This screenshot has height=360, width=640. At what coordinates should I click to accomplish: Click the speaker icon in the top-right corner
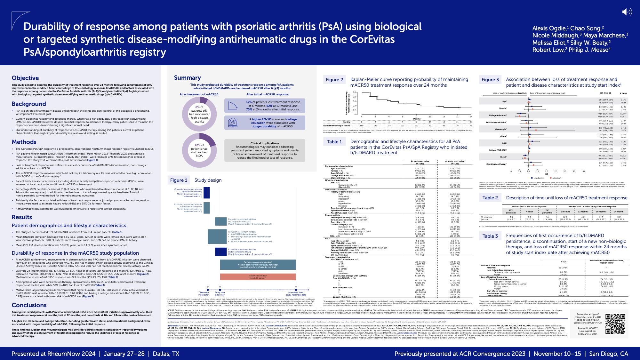pos(627,12)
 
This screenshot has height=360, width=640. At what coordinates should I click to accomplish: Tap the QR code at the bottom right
pos(615,324)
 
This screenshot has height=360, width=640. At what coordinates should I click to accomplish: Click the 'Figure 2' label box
pos(334,80)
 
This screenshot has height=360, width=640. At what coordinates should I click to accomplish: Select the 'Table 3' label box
pos(490,236)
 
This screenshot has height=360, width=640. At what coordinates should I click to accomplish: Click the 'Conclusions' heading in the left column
pos(29,305)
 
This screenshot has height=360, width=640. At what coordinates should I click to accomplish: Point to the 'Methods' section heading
pos(24,142)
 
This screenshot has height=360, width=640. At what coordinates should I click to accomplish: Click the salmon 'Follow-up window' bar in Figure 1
pos(258,277)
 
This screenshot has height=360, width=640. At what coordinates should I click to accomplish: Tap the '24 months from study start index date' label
pos(296,293)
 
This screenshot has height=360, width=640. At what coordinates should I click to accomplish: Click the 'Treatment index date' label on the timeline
pos(204,293)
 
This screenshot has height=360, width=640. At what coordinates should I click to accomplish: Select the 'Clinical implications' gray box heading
pos(265,143)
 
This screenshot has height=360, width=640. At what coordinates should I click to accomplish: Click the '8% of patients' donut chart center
pos(199,114)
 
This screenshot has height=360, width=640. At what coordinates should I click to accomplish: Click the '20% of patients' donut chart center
pos(199,150)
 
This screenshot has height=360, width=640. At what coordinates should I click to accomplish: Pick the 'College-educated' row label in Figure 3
pos(498,115)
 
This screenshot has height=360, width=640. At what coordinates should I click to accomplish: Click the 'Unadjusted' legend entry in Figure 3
pos(539,178)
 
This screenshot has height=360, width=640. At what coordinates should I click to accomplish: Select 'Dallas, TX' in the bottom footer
pos(166,354)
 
